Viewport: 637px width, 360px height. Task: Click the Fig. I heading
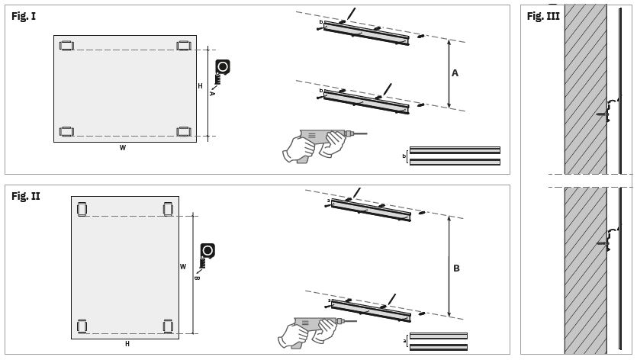(24, 16)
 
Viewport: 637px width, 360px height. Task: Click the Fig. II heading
(26, 196)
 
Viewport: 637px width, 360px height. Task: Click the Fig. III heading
(543, 16)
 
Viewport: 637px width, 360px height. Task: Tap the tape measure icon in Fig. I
(221, 72)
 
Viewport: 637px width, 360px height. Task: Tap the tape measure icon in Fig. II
(207, 256)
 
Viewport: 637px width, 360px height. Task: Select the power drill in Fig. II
(317, 332)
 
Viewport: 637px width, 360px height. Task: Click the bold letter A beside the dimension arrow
(455, 73)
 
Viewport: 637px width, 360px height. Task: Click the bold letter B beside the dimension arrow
(456, 268)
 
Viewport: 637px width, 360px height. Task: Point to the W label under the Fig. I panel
(123, 148)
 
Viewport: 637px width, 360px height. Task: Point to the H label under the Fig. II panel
(127, 344)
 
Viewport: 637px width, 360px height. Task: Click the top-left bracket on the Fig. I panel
(66, 46)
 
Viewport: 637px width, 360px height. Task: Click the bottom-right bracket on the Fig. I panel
(184, 132)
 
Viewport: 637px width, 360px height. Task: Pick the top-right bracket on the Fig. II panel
(168, 209)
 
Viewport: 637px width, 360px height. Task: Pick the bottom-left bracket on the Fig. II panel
(82, 326)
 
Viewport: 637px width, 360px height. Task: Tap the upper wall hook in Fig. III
(608, 110)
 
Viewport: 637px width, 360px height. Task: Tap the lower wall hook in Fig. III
(608, 239)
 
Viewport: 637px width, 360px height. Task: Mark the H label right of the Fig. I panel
(200, 86)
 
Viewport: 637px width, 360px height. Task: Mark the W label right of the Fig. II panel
(183, 267)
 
